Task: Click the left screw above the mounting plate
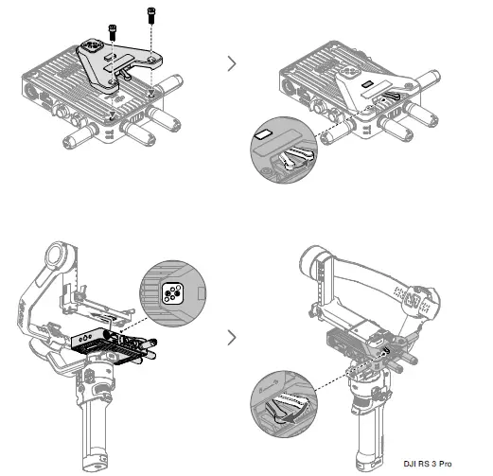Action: [x=114, y=31]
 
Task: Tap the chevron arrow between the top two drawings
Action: [x=233, y=65]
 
